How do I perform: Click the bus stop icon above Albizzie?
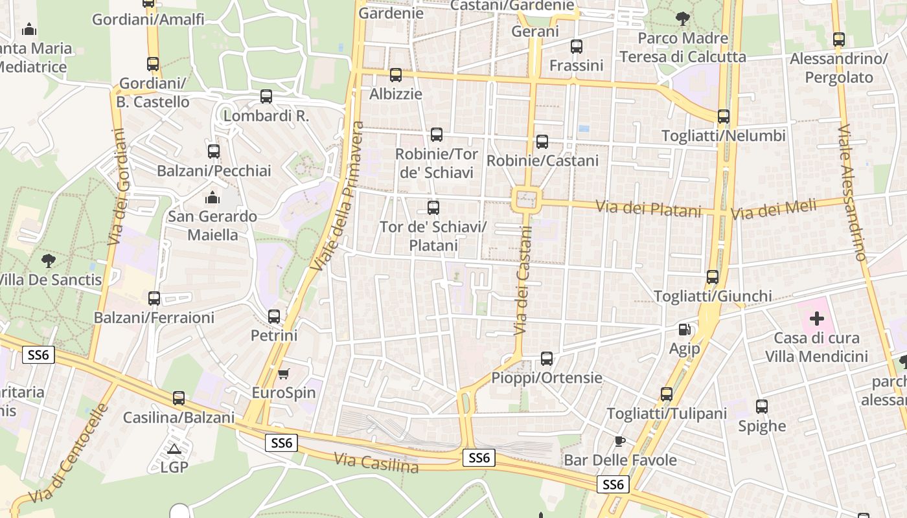coord(396,75)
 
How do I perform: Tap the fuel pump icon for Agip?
coord(684,330)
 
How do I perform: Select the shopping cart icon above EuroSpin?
coord(283,374)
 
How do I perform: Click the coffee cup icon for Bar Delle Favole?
coord(619,442)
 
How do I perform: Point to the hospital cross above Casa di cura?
coord(816,319)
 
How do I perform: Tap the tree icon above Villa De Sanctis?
coord(48,261)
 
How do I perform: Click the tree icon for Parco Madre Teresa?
coord(682,19)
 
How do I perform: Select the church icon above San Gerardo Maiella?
coord(212,197)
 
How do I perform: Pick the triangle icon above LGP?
coord(174,449)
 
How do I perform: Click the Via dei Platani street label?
coord(649,208)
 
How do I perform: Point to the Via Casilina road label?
coord(376,462)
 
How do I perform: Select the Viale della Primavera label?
coord(338,196)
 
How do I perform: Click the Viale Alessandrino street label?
coord(851,193)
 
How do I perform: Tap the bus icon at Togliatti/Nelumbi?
coord(723,117)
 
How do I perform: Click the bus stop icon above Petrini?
coord(274,317)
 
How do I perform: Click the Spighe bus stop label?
coord(762,426)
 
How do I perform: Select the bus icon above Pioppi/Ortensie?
coord(547,359)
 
